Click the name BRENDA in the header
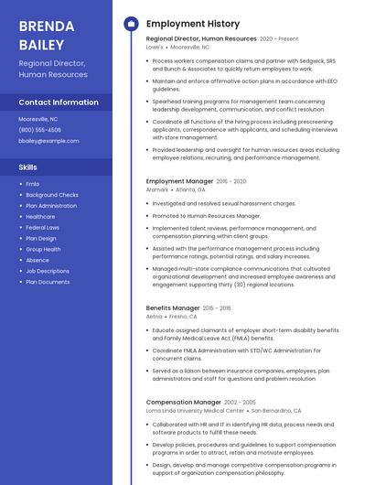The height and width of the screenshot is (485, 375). point(45,25)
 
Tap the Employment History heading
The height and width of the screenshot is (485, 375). point(192,24)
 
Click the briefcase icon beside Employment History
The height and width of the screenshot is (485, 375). point(131,24)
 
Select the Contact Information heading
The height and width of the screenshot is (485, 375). point(59,102)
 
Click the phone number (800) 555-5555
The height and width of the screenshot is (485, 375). point(40,130)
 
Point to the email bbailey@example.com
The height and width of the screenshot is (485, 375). point(48,141)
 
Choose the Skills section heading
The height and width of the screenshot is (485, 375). point(28,167)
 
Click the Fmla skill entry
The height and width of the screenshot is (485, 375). point(32,184)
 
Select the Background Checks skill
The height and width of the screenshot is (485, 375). point(52,195)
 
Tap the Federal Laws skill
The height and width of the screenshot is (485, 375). point(42,227)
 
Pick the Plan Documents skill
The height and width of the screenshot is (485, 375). point(48,282)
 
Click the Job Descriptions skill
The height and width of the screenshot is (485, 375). point(48,271)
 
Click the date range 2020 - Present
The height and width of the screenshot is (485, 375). point(279,39)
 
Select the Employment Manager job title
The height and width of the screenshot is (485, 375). point(179,181)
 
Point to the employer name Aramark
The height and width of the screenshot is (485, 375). point(157,189)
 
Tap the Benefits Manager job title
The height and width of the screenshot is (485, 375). point(173,308)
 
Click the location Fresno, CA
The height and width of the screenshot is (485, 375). point(184,317)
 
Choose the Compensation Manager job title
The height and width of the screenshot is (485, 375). point(183,402)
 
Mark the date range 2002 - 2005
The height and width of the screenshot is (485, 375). point(240,402)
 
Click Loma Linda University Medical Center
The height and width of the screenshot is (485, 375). point(195,411)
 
